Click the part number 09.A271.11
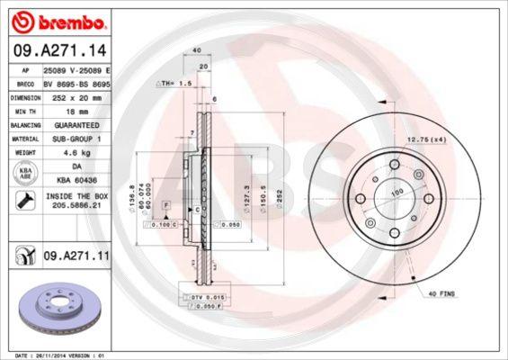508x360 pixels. pyautogui.click(x=76, y=256)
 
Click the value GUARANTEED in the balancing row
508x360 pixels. pyautogui.click(x=76, y=125)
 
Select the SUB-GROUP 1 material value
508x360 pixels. pyautogui.click(x=76, y=139)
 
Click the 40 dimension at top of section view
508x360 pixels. pyautogui.click(x=195, y=51)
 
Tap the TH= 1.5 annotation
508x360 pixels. pyautogui.click(x=176, y=83)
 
